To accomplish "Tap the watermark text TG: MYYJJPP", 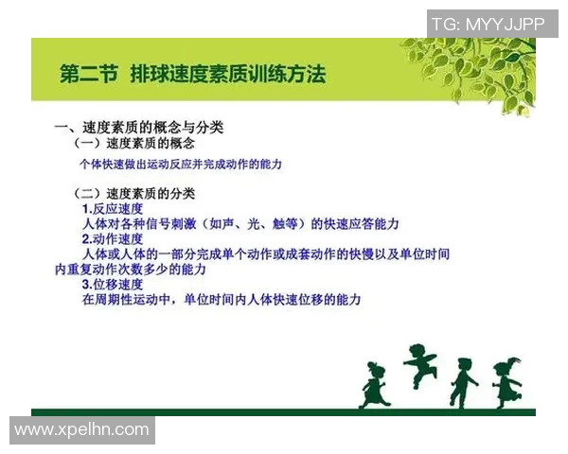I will point(489,24).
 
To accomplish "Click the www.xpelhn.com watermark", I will point(81,430).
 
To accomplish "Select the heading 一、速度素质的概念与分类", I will point(138,127).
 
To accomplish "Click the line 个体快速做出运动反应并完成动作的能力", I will point(181,164).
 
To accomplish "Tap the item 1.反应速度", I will point(113,208).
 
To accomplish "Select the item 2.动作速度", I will point(113,239).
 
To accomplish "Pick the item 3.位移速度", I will point(113,284).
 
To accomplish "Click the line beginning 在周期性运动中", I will point(222,299).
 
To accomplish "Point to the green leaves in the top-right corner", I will point(473,66).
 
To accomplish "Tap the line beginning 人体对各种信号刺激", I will point(240,224).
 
